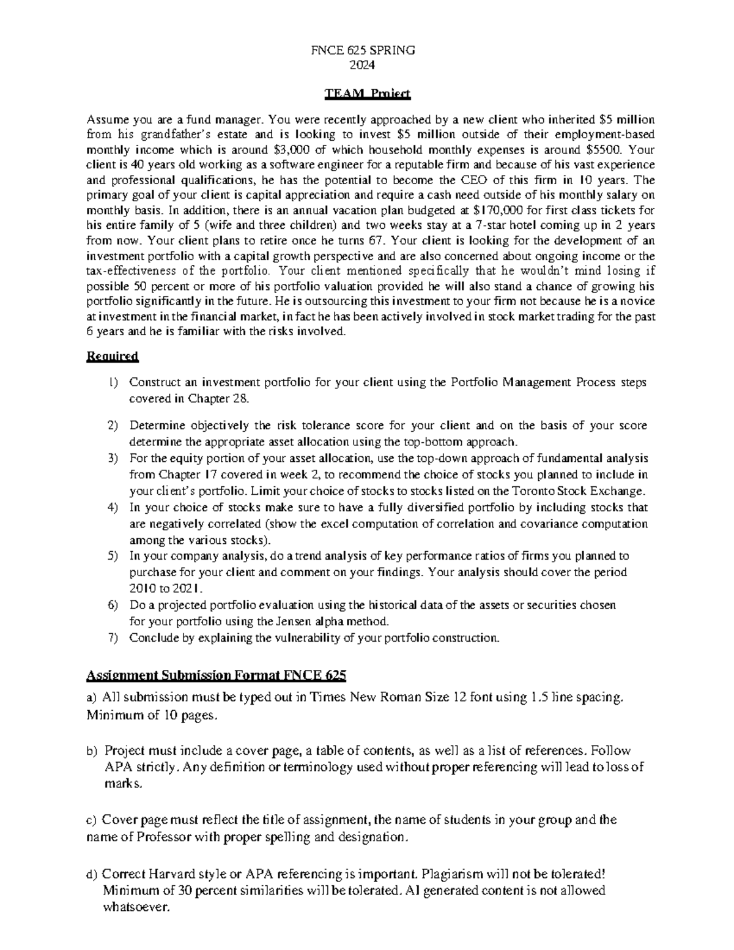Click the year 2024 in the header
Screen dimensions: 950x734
(367, 65)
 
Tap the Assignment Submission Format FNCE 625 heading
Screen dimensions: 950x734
(217, 675)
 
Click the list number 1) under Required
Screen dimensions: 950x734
(112, 383)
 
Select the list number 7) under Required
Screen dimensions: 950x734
(112, 638)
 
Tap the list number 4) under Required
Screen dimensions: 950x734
(112, 508)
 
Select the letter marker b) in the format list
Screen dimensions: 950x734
(92, 751)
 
